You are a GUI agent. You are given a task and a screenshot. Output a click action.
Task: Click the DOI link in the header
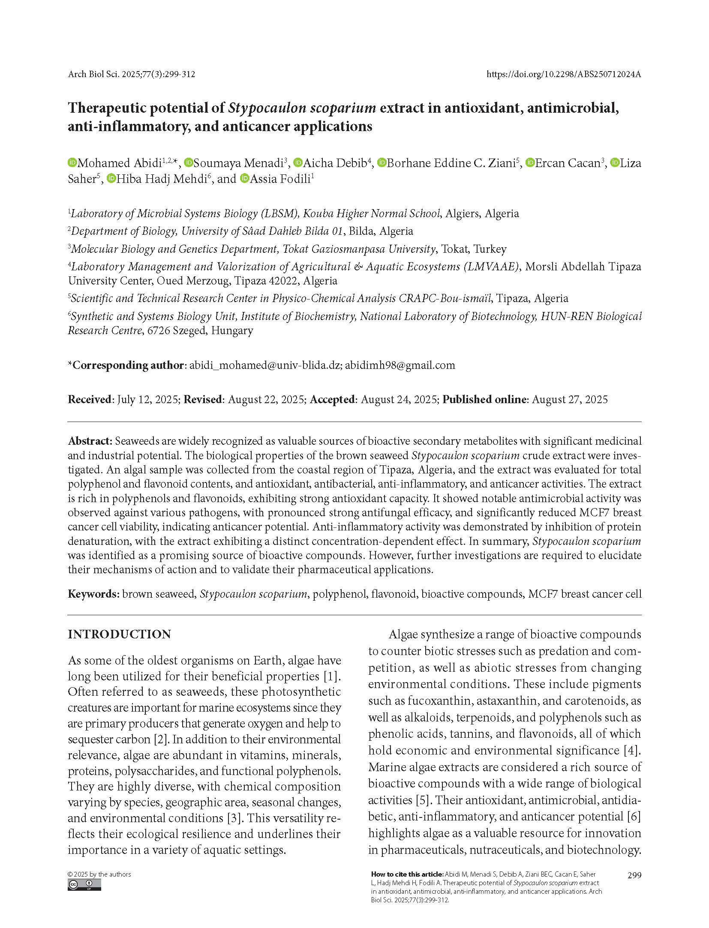point(563,74)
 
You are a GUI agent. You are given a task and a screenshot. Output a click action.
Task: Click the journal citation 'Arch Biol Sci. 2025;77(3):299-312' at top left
point(132,74)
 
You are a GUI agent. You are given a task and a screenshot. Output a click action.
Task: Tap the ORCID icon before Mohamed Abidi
point(72,163)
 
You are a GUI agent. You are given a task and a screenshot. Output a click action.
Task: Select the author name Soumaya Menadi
point(238,163)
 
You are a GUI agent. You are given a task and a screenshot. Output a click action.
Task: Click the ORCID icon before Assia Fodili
point(244,179)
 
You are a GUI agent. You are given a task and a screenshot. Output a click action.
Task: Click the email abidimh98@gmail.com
point(400,365)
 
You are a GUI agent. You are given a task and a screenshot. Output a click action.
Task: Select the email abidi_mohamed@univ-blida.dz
point(264,365)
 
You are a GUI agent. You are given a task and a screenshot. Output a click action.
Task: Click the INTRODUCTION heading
point(119,634)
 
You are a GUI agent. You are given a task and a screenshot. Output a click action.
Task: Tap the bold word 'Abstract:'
point(90,441)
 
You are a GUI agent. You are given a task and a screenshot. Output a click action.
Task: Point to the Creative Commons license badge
point(84,885)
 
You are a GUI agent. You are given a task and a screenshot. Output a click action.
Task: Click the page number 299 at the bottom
point(634,875)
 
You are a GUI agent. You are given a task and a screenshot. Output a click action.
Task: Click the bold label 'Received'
point(90,399)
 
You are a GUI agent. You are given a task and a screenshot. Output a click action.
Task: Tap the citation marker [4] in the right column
point(632,750)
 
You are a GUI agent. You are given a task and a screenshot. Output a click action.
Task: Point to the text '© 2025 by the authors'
point(99,874)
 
